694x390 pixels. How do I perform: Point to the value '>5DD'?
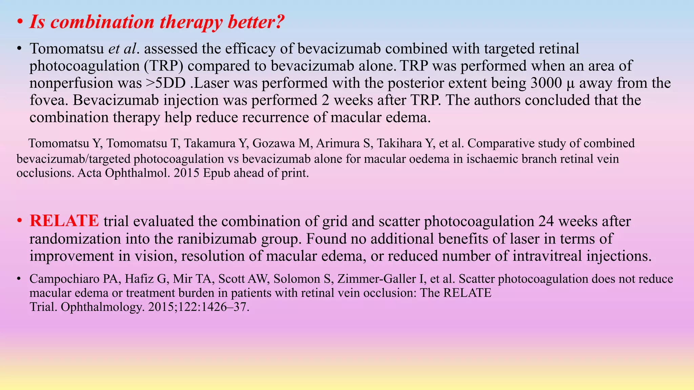pos(166,83)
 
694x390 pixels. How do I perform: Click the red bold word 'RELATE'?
pos(64,221)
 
